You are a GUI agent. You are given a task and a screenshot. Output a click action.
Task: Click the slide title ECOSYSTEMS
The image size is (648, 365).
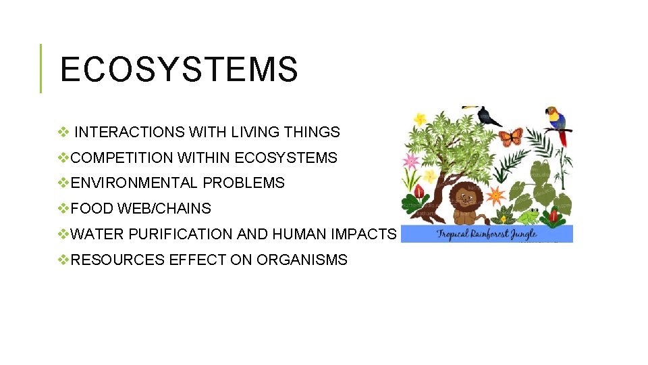click(179, 70)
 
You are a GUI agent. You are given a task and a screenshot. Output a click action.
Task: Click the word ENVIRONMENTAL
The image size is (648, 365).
click(134, 182)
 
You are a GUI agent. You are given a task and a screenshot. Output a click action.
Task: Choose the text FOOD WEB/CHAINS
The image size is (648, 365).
click(140, 208)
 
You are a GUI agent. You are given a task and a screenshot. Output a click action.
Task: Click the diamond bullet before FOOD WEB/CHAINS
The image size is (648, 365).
click(63, 208)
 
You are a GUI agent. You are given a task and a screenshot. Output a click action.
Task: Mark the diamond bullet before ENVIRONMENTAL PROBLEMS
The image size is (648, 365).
click(63, 182)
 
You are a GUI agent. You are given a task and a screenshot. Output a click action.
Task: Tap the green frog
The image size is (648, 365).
click(527, 216)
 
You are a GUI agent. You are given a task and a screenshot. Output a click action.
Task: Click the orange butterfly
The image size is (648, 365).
click(510, 137)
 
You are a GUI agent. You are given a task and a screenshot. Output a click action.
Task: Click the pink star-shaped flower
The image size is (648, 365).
click(410, 161)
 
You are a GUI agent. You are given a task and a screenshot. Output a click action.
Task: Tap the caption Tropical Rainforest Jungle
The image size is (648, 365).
click(486, 234)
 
